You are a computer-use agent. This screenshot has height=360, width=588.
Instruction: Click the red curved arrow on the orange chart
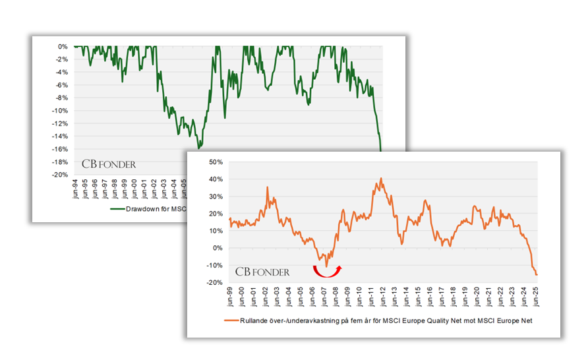326,271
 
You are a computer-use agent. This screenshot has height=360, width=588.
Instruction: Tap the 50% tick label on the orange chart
215,162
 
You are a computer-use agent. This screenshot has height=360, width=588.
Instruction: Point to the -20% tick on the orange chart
214,282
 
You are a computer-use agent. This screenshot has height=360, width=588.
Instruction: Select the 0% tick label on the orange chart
218,248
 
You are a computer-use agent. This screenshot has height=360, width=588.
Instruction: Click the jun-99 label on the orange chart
230,296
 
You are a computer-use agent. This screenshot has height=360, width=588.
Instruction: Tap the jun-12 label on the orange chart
383,296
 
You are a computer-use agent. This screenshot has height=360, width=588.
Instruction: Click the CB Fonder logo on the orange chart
262,271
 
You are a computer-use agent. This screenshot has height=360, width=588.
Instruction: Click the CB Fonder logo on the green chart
109,164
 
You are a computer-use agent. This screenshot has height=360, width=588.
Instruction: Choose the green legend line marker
117,209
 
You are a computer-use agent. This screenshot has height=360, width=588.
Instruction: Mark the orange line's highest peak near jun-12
381,178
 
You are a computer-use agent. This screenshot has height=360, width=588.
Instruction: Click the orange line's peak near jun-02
267,187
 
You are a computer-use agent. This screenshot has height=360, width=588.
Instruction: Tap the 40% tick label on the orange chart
215,179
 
